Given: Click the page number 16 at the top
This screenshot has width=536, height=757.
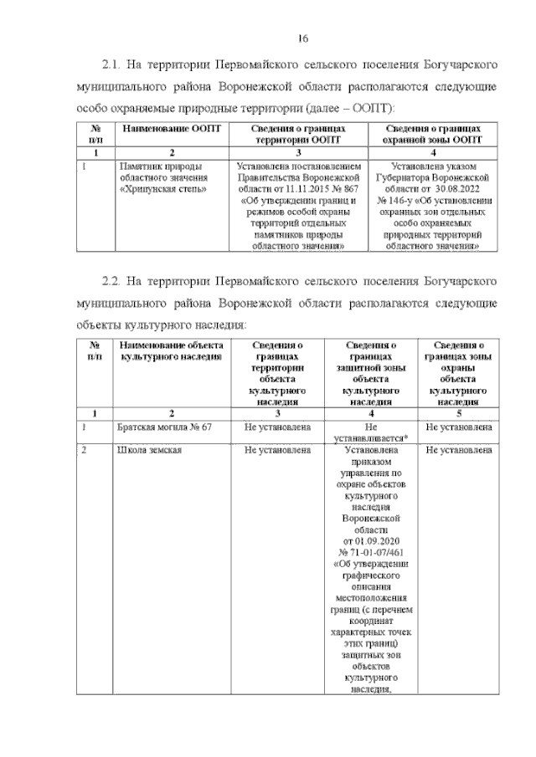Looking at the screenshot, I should [x=304, y=37].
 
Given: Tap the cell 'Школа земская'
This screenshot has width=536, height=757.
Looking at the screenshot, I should [x=149, y=451].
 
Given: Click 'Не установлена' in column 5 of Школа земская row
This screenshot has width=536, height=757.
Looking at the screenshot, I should [x=458, y=451].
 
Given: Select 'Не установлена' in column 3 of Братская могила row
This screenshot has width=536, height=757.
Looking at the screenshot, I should [x=277, y=428].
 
